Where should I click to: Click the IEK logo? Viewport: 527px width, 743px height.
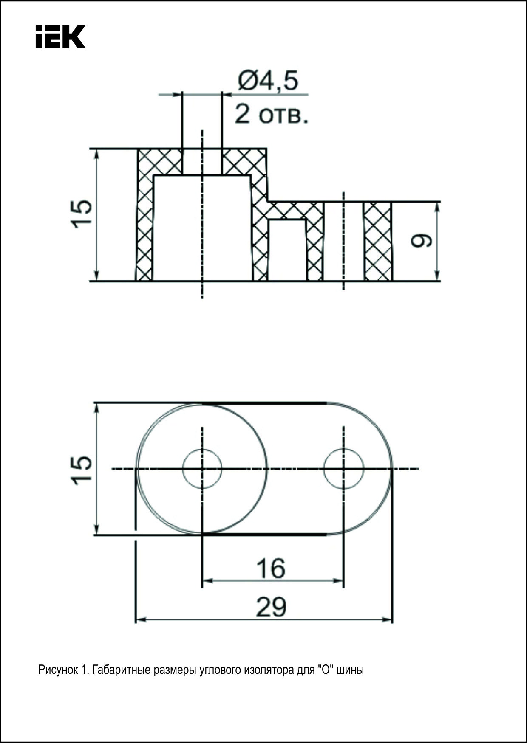(x=61, y=37)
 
